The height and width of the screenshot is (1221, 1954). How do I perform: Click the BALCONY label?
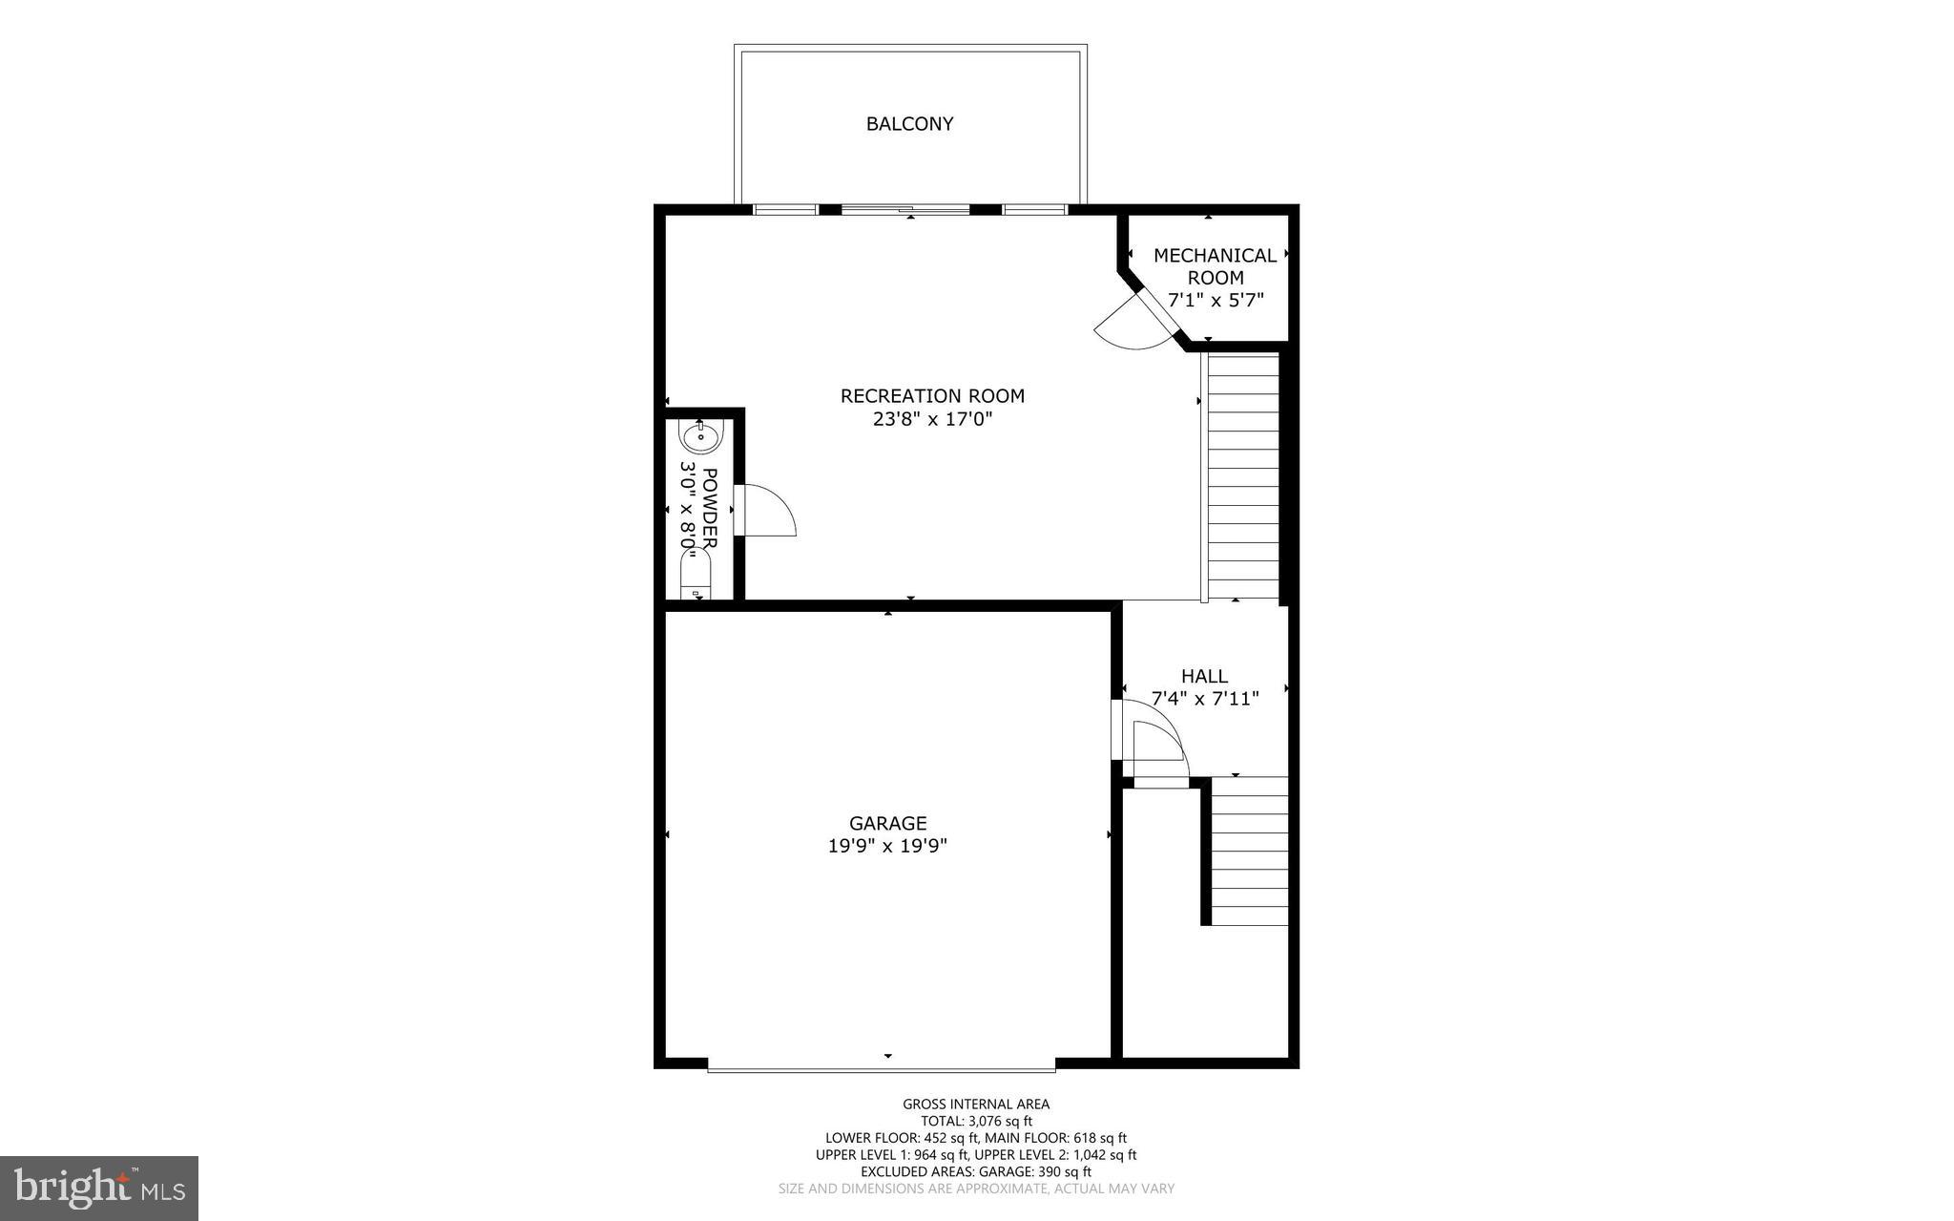(x=909, y=124)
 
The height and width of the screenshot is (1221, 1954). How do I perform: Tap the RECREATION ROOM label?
(x=932, y=395)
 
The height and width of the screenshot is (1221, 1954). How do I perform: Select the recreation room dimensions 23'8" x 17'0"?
(x=932, y=419)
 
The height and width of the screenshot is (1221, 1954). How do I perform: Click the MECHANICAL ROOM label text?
(x=1215, y=266)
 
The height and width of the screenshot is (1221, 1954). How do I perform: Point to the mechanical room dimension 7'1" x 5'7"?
(x=1216, y=301)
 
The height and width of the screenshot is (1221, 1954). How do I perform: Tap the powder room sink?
(x=701, y=436)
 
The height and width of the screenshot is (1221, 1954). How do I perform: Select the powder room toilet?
(x=696, y=575)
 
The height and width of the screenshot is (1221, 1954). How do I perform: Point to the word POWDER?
(x=709, y=508)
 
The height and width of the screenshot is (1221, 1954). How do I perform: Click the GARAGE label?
(x=887, y=823)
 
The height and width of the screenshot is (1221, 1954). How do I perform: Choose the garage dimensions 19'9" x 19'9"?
(x=887, y=846)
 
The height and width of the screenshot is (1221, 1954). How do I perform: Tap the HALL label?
(x=1204, y=676)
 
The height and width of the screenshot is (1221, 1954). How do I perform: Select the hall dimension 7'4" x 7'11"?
(x=1205, y=699)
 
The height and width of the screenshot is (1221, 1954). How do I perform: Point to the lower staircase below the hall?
(x=1249, y=851)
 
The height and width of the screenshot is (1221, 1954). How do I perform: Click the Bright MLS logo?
(x=99, y=1188)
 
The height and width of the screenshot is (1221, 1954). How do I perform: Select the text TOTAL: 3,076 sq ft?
(x=976, y=1122)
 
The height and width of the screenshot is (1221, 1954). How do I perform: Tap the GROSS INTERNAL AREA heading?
(x=976, y=1105)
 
